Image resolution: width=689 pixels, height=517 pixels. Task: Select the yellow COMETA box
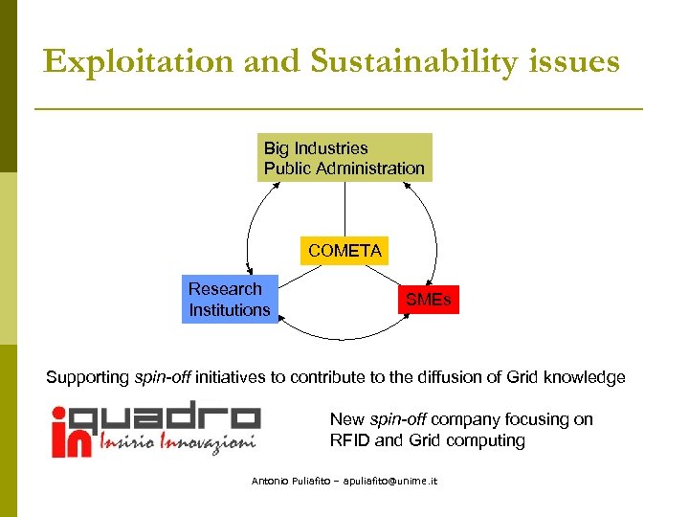click(344, 251)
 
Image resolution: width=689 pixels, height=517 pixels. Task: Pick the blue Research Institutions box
click(230, 300)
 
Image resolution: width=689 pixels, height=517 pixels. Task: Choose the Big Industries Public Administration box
click(344, 158)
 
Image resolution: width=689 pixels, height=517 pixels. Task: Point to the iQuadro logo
click(155, 427)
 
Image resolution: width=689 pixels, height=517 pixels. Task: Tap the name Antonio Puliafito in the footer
click(287, 482)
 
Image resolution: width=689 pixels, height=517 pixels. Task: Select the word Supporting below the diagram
click(85, 377)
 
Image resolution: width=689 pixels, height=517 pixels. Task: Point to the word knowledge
click(584, 377)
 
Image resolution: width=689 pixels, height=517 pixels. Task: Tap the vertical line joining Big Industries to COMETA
click(344, 209)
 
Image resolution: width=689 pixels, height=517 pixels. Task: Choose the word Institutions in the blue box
click(230, 310)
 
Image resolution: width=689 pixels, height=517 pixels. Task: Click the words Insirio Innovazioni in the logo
click(179, 443)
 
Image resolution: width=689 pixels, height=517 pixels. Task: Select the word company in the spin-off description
click(466, 419)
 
